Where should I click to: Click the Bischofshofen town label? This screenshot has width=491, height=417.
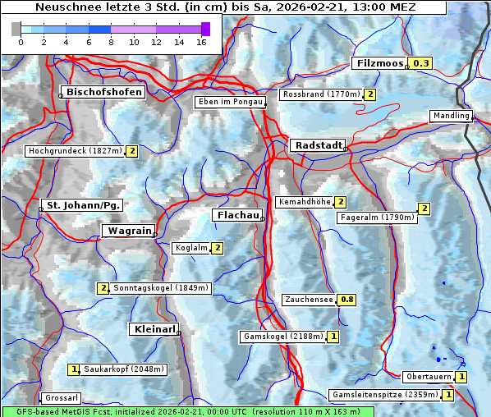coord(104,92)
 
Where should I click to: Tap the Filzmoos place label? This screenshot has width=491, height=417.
coord(380,63)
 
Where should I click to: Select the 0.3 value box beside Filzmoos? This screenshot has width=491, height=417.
coord(421,63)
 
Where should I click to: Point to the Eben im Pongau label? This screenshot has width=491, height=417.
coord(229,102)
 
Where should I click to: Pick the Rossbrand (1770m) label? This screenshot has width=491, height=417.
coord(321,94)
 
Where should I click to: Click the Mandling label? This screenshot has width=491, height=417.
coord(450,116)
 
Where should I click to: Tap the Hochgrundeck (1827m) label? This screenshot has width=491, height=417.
coord(75,151)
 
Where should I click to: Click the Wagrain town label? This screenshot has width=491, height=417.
coord(128,231)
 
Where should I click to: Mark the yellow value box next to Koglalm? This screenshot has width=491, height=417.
coord(218,248)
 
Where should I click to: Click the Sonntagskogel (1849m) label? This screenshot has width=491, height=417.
coord(161,288)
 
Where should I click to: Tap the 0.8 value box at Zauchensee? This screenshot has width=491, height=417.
coord(347,300)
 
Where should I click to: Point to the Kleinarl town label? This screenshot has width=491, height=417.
coord(153,329)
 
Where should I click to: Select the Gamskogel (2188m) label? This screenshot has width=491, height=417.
coord(282,337)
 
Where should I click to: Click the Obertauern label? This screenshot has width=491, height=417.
coord(428,377)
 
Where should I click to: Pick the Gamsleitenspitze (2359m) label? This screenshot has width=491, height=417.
coord(383,395)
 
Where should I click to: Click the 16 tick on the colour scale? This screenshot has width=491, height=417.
coord(201,42)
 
